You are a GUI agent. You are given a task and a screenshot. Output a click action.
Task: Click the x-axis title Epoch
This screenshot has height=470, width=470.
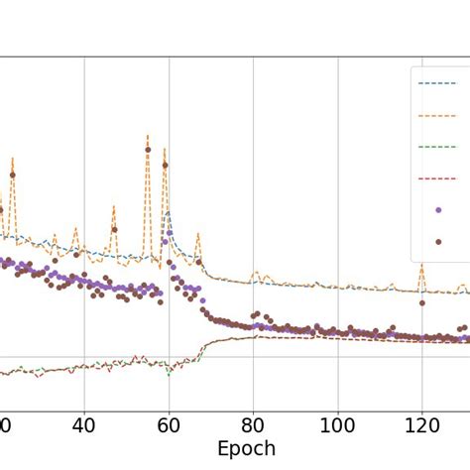tap(247, 448)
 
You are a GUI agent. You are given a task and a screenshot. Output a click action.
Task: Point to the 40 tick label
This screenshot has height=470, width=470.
tap(84, 423)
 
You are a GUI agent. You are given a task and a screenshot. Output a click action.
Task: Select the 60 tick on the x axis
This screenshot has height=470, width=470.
tap(169, 423)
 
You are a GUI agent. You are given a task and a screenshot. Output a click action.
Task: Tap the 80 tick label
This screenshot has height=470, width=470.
tap(254, 423)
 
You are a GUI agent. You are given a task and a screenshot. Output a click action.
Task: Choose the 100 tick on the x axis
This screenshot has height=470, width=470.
tap(338, 423)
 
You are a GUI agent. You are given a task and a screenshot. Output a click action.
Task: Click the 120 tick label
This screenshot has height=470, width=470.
tap(422, 423)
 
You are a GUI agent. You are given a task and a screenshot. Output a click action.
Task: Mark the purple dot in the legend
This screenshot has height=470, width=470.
tap(438, 209)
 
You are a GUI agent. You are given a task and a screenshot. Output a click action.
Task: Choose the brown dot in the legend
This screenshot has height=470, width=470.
tap(438, 241)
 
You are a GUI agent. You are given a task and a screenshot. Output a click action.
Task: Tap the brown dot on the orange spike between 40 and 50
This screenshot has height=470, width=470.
tap(114, 229)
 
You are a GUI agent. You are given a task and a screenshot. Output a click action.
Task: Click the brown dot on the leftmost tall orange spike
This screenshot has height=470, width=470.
tap(13, 176)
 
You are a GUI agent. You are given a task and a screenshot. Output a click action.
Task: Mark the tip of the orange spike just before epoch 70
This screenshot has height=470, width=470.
tap(198, 234)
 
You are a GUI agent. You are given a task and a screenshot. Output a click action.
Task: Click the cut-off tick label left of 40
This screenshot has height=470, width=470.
tap(4, 423)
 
